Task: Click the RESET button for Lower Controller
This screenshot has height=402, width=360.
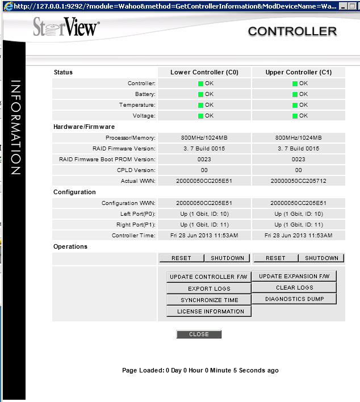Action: (x=181, y=258)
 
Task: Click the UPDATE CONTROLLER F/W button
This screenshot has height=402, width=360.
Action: (x=209, y=277)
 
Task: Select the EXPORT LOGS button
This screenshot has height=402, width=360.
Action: (x=209, y=288)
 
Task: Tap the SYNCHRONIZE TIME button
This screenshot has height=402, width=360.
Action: (x=209, y=300)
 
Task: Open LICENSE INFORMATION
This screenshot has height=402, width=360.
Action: (x=209, y=311)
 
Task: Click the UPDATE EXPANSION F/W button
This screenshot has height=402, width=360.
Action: (x=294, y=277)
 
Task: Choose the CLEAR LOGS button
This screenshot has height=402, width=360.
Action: (x=294, y=288)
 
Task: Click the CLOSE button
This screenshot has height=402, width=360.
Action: (x=199, y=334)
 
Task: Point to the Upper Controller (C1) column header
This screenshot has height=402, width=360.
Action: (x=298, y=73)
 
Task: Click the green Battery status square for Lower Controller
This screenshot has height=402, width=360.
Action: (x=200, y=94)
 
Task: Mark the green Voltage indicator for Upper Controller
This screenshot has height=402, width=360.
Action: (x=295, y=116)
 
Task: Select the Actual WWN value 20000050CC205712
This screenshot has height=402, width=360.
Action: (x=298, y=181)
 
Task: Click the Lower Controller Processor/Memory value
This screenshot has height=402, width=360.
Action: (x=204, y=138)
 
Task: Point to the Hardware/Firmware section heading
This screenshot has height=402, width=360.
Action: (x=84, y=127)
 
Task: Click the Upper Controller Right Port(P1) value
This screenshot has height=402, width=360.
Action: (x=298, y=225)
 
